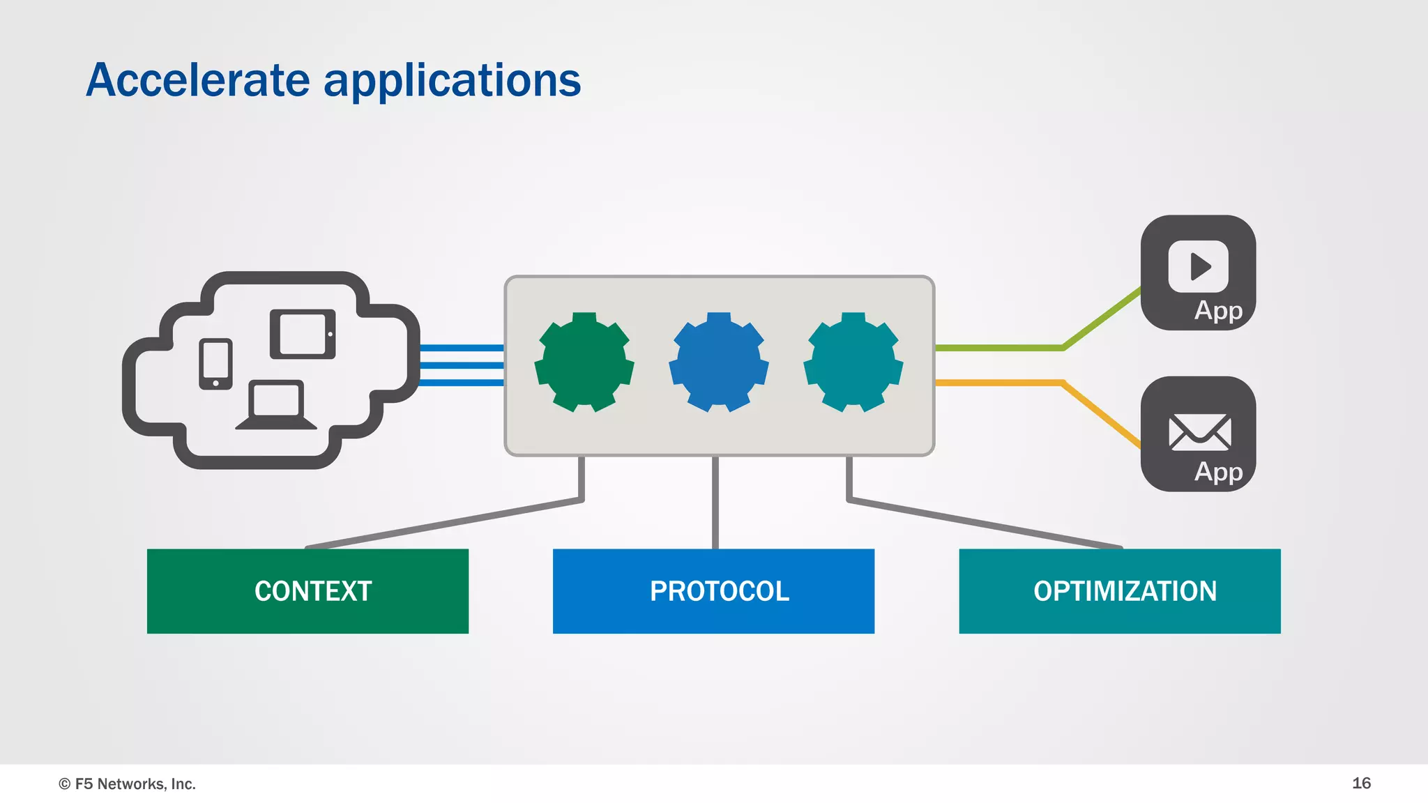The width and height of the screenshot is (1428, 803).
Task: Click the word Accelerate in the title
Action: tap(198, 80)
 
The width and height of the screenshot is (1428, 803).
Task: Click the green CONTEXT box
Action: tap(307, 591)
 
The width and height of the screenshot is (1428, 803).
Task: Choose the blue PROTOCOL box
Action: tap(713, 591)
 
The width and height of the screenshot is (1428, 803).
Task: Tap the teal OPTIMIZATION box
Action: tap(1119, 591)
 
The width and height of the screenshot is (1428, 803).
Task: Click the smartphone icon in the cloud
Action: tap(215, 364)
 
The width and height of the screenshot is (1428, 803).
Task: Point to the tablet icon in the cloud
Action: tap(303, 334)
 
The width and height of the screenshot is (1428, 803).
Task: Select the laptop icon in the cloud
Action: tap(276, 405)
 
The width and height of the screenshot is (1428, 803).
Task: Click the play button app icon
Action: tap(1198, 266)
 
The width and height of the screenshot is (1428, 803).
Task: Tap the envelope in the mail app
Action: tap(1199, 432)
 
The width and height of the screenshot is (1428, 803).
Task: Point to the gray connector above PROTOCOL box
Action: tap(715, 502)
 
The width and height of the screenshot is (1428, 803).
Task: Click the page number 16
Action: tap(1361, 783)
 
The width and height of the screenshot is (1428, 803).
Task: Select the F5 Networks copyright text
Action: tap(128, 784)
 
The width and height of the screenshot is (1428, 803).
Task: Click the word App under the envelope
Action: tap(1218, 472)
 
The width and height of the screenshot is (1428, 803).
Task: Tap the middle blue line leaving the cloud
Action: tap(462, 365)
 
